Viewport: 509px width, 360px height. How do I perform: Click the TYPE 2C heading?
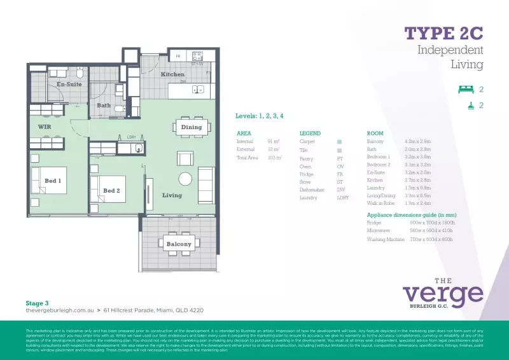coord(444,33)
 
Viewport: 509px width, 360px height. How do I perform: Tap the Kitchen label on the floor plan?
coord(172,74)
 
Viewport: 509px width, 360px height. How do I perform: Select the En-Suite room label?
coord(69,84)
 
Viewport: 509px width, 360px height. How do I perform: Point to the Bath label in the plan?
coord(104,105)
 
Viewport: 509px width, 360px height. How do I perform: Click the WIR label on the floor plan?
coord(45,127)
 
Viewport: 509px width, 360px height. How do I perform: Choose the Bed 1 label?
coord(53,181)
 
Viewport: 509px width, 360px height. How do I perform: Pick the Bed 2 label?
coord(111,190)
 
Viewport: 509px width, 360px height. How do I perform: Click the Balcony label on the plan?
coord(179,244)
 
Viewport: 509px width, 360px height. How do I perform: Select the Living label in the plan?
coord(172,195)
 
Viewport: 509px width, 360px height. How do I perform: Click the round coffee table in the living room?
coord(185,179)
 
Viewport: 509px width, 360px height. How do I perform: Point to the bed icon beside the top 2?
coord(466,90)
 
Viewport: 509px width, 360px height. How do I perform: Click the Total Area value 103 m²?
coord(275,157)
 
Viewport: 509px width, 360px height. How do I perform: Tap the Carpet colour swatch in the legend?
coord(340,141)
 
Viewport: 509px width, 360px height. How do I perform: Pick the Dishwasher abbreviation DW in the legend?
coord(341,190)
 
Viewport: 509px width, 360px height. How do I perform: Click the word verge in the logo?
coord(443,294)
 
